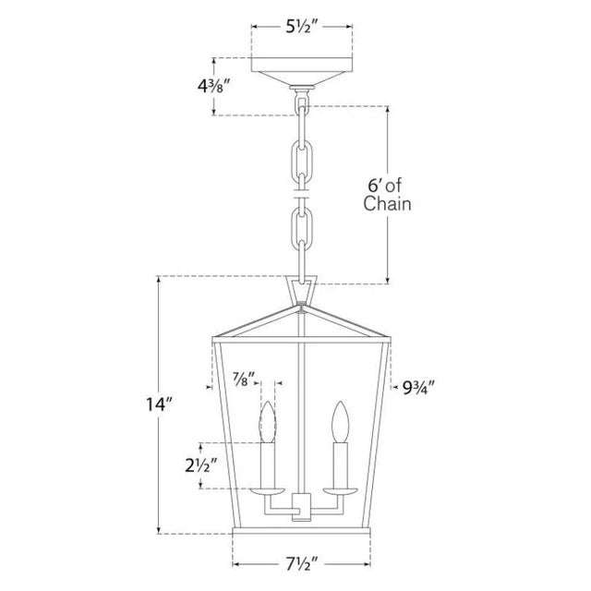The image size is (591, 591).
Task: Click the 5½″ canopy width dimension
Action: click(302, 27)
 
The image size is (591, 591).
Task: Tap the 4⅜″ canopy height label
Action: click(213, 87)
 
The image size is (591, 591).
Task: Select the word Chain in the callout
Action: click(387, 203)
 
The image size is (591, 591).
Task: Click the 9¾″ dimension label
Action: click(418, 387)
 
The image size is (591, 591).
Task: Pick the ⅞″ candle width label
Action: click(244, 379)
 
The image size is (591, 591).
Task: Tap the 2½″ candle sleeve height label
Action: click(201, 465)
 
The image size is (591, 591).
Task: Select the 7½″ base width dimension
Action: click(302, 564)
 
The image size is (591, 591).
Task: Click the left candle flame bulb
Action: click(268, 421)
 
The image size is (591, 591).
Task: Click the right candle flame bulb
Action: click(341, 421)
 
